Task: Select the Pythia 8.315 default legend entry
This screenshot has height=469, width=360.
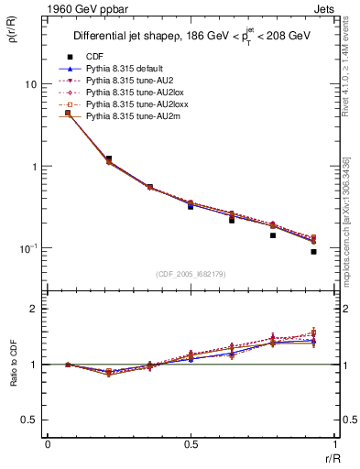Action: tap(126, 69)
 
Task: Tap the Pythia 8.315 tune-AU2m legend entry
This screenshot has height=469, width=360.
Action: tap(128, 118)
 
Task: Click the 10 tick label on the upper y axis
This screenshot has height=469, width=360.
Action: tap(30, 84)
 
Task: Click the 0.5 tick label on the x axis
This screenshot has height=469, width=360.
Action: tap(191, 444)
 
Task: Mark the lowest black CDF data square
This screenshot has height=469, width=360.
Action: tap(313, 251)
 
